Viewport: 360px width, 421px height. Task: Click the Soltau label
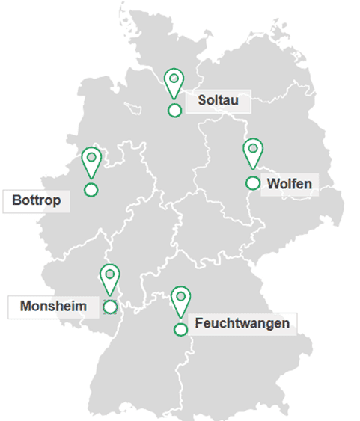tap(218, 100)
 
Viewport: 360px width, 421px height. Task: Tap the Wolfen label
tap(288, 183)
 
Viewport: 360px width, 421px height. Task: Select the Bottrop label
tap(37, 200)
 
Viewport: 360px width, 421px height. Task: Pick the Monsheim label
tap(53, 306)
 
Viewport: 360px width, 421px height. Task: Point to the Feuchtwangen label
tap(241, 324)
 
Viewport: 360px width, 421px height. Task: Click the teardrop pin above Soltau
tap(174, 81)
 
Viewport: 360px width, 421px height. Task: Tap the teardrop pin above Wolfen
tap(254, 152)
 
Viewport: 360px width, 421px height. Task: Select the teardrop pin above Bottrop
tap(91, 160)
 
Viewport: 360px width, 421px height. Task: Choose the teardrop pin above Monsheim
tap(110, 277)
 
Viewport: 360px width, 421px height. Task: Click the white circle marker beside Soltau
tap(174, 111)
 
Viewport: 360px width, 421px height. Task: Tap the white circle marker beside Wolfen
tap(253, 183)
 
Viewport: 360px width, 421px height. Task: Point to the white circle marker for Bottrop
tap(91, 190)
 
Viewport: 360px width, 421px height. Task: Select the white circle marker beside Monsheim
tap(110, 307)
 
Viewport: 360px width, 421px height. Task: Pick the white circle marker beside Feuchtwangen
tap(180, 329)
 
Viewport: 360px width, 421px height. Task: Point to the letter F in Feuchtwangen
tap(198, 324)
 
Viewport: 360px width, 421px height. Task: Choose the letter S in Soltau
tap(202, 100)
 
